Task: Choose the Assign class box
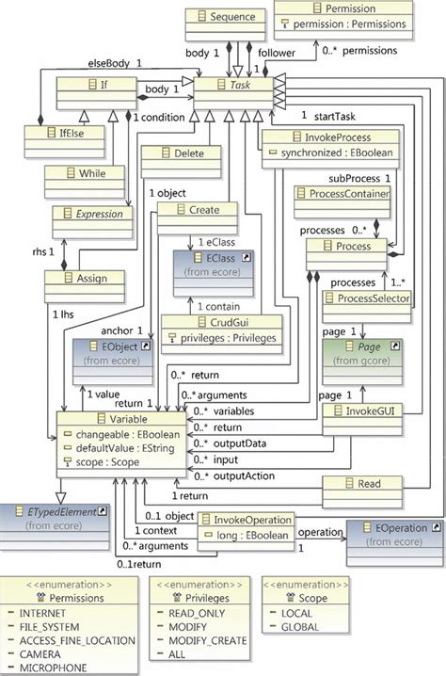pos(85,279)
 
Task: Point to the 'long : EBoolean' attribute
pos(246,534)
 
